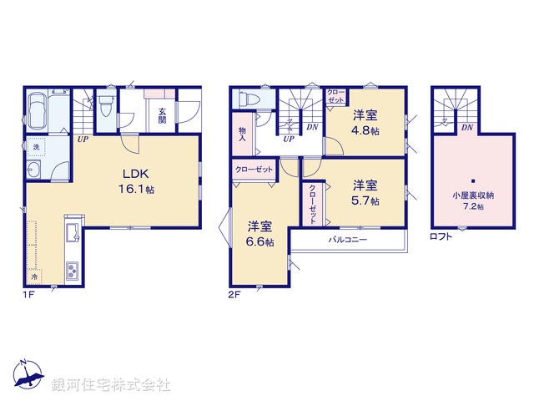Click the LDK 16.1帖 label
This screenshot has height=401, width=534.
pos(136,181)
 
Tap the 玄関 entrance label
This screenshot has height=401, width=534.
pos(162,115)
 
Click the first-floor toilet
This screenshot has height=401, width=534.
pos(105,104)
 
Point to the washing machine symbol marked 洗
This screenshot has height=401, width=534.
pos(36,147)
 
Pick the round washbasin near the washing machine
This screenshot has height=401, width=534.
pos(33,169)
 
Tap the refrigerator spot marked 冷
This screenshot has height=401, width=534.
pos(34,277)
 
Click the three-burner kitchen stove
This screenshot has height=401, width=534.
pos(73,272)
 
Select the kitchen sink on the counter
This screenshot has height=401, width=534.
pos(73,233)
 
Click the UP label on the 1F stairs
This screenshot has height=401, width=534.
pos(83,140)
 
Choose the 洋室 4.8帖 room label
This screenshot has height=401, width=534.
pos(365,123)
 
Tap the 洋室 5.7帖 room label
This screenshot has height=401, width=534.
pos(365,193)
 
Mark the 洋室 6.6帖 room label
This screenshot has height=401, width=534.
pos(259,234)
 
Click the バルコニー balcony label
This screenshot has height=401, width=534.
pos(348,240)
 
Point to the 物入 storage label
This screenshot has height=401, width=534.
pos(242,134)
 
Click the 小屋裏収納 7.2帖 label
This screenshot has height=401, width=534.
pos(473,200)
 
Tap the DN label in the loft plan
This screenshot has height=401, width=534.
pos(467,128)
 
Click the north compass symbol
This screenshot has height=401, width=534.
pos(28,374)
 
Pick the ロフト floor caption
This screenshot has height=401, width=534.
pos(441,236)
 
